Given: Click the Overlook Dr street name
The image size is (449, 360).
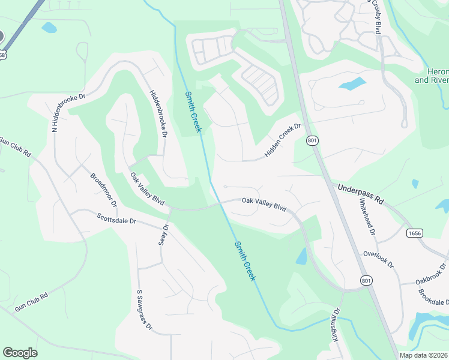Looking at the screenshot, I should [x=378, y=259].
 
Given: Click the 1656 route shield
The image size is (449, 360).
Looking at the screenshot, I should [x=414, y=232].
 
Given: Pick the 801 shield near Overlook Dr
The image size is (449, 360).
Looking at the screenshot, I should [x=367, y=280].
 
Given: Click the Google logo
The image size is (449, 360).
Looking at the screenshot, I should [x=20, y=353].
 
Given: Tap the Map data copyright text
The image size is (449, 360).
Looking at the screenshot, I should [x=424, y=355].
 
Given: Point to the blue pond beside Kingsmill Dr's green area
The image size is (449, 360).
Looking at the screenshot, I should [x=301, y=257].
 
